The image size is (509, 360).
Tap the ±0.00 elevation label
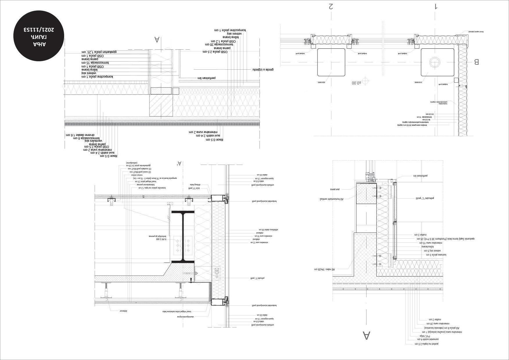[x=356, y=83]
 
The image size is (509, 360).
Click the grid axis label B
[x=476, y=62]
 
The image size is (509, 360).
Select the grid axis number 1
[x=436, y=6]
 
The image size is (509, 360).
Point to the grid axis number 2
[x=331, y=6]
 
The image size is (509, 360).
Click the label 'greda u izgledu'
[x=263, y=70]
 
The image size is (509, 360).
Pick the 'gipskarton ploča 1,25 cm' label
[x=99, y=52]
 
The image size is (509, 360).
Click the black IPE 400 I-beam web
[x=183, y=237]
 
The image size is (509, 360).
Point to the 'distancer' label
[x=123, y=311]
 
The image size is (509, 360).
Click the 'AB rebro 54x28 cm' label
[x=324, y=269]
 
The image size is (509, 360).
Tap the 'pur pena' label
[x=335, y=189]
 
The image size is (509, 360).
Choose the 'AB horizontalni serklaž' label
[x=331, y=199]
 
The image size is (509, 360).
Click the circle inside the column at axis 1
[x=434, y=62]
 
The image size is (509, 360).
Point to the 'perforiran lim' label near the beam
[x=206, y=78]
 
